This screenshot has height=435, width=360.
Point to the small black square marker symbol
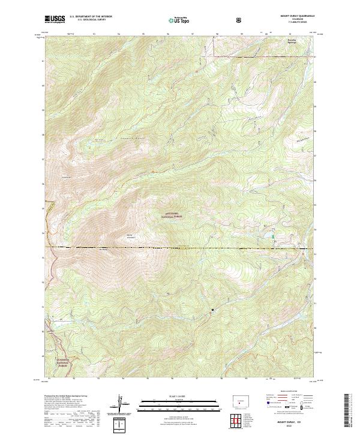(212, 310)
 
